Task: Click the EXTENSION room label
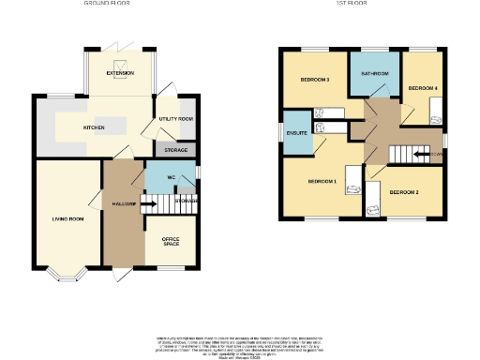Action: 120,72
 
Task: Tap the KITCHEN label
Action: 94,127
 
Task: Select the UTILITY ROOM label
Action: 175,120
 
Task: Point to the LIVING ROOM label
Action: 67,219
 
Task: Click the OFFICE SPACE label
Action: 171,242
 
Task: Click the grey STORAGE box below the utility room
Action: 175,150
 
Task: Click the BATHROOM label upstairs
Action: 373,73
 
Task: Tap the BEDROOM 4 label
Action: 422,88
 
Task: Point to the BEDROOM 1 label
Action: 322,180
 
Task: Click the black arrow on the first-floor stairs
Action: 421,155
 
